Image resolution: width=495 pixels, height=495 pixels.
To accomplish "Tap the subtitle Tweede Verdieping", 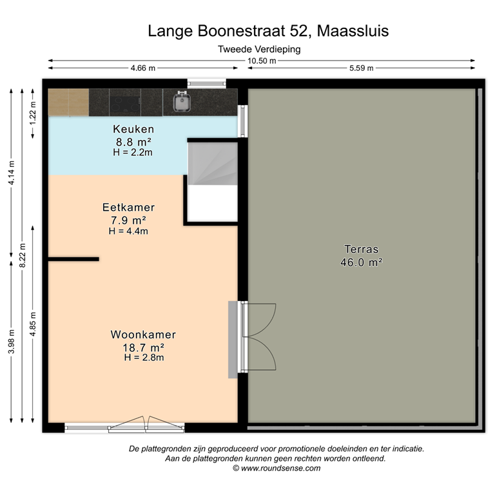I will click(259, 48).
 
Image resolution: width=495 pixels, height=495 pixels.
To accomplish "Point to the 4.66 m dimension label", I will click(143, 68).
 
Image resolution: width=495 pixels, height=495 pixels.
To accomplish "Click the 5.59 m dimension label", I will click(362, 68).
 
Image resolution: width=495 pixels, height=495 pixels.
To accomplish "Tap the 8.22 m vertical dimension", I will click(23, 246).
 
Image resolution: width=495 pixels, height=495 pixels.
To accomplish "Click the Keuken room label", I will click(133, 128).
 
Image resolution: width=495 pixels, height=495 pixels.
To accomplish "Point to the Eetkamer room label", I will click(128, 208).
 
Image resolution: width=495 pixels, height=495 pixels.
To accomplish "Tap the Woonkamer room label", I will click(143, 335).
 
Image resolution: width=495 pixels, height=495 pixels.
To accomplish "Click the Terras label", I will click(361, 249).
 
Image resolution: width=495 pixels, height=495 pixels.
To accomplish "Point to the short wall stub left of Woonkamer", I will click(73, 259).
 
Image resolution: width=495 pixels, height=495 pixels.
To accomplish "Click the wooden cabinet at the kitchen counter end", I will click(68, 102).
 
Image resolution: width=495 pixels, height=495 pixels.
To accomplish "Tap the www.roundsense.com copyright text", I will click(277, 469).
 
